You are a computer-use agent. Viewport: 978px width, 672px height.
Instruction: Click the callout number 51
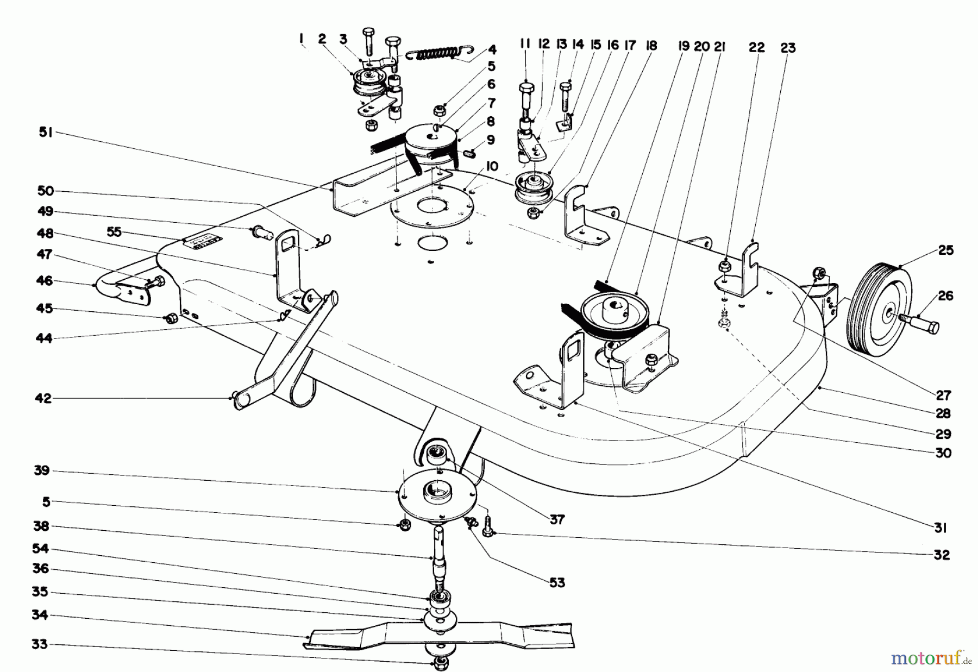coord(45,133)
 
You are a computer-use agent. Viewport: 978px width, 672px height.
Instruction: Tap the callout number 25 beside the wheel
coord(945,250)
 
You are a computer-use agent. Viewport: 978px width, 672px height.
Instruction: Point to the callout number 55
coord(114,233)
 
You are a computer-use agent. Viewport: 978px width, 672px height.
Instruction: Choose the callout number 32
coord(942,555)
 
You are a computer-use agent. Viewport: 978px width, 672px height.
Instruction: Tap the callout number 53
coord(557,583)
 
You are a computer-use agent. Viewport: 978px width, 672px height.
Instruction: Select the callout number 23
coord(787,48)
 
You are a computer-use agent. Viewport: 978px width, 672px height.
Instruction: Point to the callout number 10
coord(492,167)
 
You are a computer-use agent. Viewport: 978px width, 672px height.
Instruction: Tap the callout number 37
coord(557,520)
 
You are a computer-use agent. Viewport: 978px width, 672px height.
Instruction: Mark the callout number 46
coord(45,281)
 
